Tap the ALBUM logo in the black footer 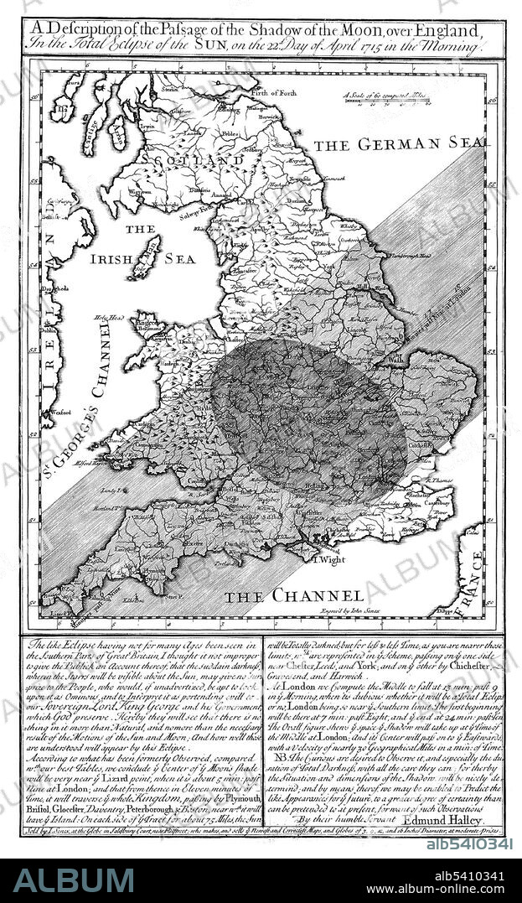pos(73,880)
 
